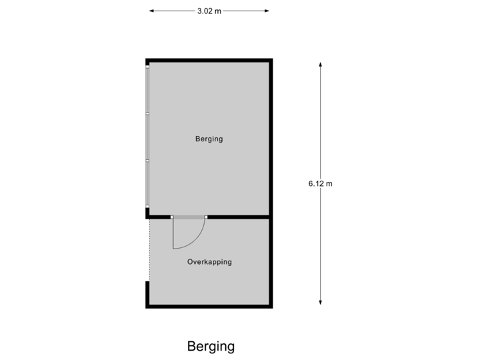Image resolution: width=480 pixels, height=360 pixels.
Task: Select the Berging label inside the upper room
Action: pyautogui.click(x=209, y=139)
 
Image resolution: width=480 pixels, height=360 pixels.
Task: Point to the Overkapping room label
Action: pyautogui.click(x=209, y=262)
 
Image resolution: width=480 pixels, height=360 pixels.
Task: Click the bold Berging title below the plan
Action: pyautogui.click(x=211, y=347)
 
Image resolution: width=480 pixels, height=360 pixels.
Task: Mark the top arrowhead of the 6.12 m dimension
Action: pyautogui.click(x=321, y=65)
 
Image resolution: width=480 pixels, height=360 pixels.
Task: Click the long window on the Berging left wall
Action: pyautogui.click(x=147, y=137)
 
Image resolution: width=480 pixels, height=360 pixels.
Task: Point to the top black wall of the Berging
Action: pyautogui.click(x=209, y=60)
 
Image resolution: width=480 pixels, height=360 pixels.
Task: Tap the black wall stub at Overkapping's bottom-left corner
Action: pyautogui.click(x=147, y=293)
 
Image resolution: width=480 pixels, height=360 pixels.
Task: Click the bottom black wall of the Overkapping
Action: pyautogui.click(x=209, y=306)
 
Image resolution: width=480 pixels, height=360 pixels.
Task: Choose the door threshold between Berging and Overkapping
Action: pyautogui.click(x=189, y=217)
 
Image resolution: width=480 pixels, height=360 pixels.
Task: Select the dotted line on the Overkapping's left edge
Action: pyautogui.click(x=148, y=250)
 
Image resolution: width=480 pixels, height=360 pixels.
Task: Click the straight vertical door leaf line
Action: pyautogui.click(x=173, y=233)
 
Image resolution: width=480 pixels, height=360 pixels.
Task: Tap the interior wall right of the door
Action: pyautogui.click(x=238, y=217)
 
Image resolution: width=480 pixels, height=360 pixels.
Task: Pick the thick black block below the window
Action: pyautogui.click(x=147, y=213)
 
